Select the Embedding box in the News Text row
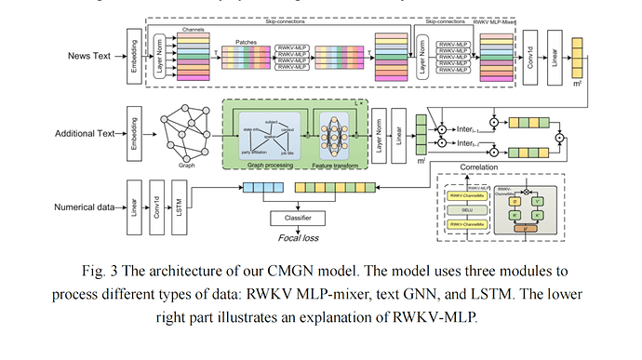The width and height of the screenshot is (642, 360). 136,56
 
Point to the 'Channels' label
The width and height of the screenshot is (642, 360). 194,30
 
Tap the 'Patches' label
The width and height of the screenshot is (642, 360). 247,43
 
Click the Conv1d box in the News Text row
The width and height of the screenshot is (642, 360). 529,57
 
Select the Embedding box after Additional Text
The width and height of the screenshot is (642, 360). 136,133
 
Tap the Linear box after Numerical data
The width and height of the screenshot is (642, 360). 136,206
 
